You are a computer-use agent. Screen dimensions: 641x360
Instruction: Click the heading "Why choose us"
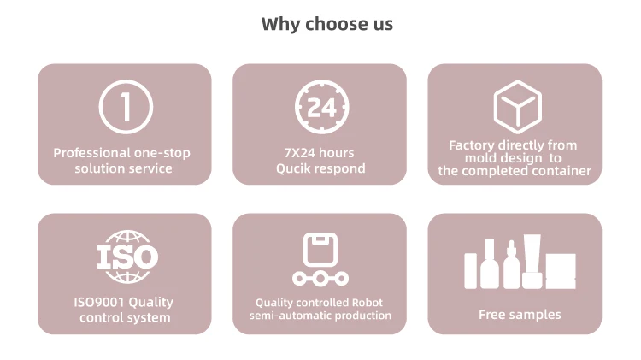tap(327, 24)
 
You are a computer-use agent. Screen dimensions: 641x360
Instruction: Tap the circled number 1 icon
tap(126, 107)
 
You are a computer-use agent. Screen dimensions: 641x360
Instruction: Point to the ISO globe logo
tap(126, 256)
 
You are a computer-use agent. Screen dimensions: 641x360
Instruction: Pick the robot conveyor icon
tap(320, 258)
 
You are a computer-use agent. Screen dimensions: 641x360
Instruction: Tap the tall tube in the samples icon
tap(532, 262)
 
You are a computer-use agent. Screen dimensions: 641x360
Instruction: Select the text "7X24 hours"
tap(319, 153)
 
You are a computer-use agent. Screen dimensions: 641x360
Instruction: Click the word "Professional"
tap(91, 153)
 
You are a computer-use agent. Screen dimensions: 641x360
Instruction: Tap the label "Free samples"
tap(520, 315)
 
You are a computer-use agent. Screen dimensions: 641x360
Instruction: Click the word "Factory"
tap(472, 145)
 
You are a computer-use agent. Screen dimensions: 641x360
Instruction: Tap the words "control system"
tap(125, 317)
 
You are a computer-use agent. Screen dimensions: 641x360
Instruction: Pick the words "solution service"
tap(123, 168)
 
